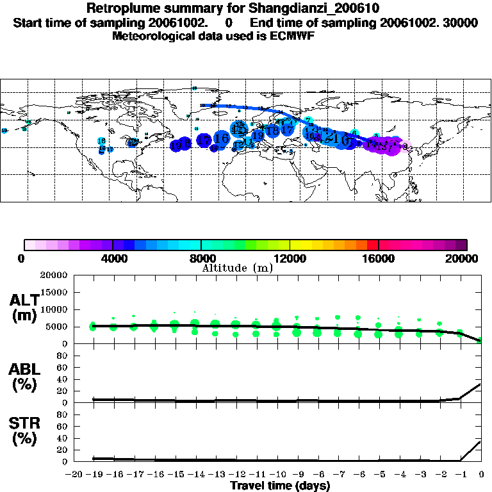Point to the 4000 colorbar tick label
click(112, 258)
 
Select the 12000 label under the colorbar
click(290, 258)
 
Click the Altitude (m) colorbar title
click(237, 268)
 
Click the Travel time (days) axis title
click(280, 486)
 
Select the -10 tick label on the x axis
click(277, 475)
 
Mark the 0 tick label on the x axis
click(481, 475)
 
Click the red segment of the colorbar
click(372, 245)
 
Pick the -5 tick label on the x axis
click(379, 475)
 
